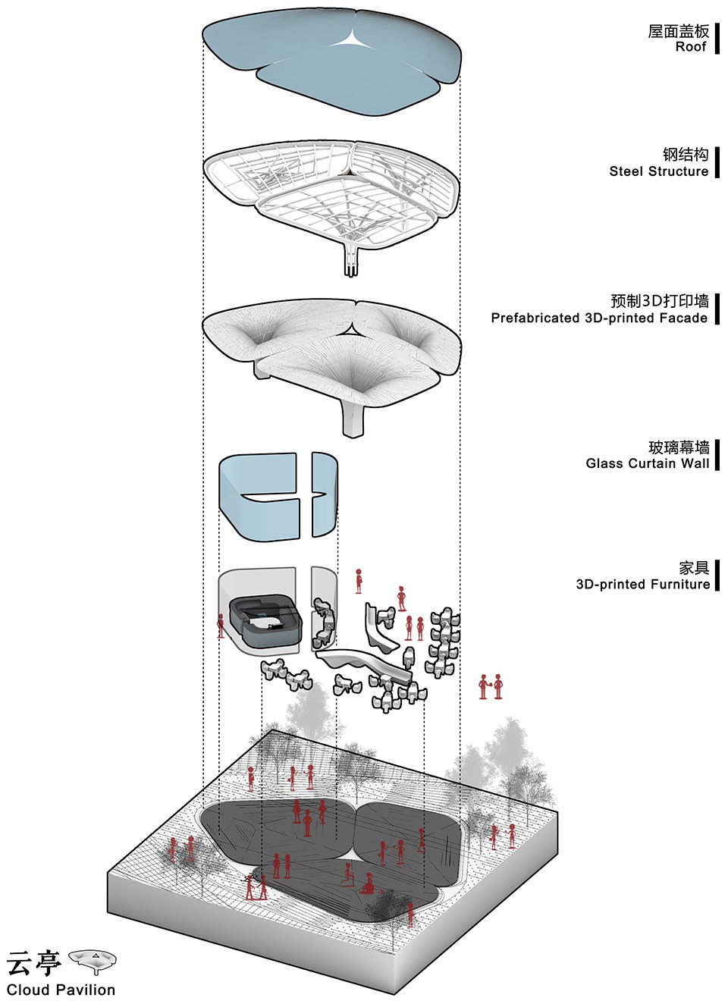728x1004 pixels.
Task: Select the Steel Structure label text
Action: tap(658, 171)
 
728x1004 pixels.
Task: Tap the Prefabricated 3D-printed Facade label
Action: tap(599, 318)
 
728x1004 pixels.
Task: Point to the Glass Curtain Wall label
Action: tap(648, 463)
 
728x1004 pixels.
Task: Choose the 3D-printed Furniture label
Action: tap(643, 584)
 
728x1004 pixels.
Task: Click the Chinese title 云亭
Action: tap(33, 962)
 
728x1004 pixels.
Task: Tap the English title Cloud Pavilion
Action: tap(61, 989)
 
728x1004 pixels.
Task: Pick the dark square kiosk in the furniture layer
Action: tap(265, 621)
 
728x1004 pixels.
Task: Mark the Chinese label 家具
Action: tap(694, 568)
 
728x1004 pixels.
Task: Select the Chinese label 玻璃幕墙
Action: tap(679, 447)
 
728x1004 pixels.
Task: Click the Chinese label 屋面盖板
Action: tap(678, 31)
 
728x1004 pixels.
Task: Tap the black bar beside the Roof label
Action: tap(717, 39)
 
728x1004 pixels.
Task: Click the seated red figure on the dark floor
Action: tap(369, 883)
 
